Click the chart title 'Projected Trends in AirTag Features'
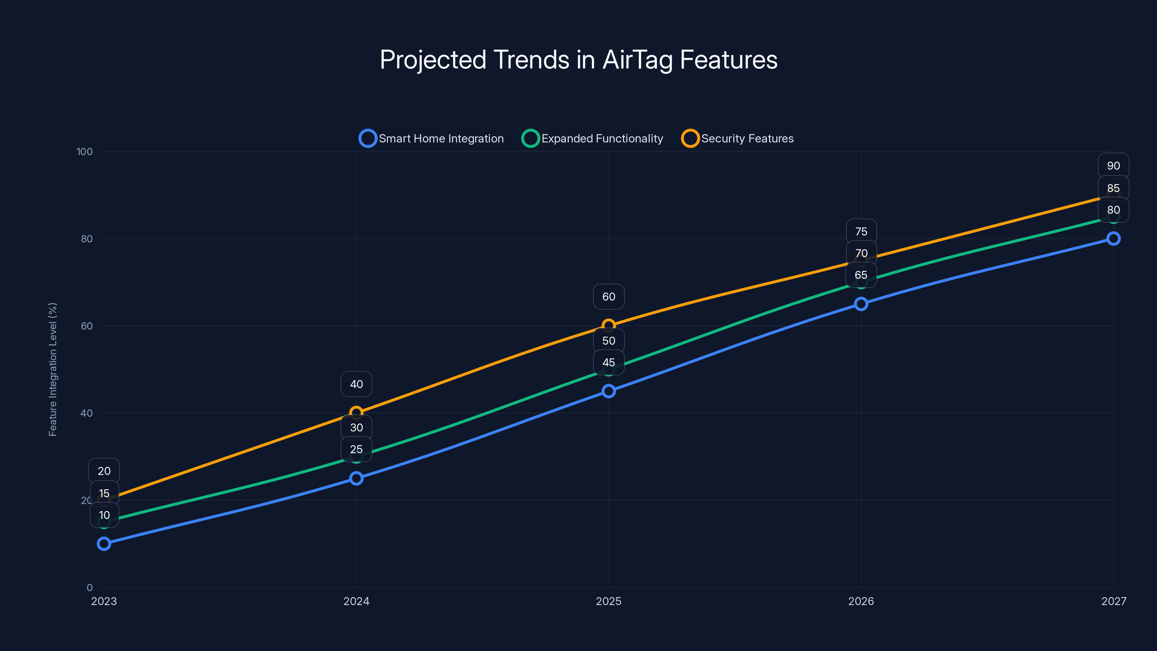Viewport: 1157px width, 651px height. pos(578,60)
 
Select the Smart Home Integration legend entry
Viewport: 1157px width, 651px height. pos(432,139)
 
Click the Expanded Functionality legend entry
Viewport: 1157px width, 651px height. pos(593,139)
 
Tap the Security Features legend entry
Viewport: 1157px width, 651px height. pos(738,139)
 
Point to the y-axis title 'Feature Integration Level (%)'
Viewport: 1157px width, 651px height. pos(52,369)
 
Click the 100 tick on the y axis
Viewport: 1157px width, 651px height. pos(85,152)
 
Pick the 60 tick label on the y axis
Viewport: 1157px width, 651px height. pos(87,326)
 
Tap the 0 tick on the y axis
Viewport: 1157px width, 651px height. pos(89,588)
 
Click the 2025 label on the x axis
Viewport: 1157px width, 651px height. pos(609,601)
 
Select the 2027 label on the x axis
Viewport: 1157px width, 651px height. pos(1114,601)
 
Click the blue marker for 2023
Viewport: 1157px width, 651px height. pos(104,544)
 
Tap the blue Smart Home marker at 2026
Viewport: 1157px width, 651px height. pos(861,304)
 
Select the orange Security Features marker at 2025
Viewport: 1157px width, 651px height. pos(609,325)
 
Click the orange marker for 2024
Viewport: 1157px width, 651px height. pos(356,412)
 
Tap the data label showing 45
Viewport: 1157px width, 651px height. pos(609,362)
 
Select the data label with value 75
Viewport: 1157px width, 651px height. pos(861,232)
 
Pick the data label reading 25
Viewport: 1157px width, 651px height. pos(356,449)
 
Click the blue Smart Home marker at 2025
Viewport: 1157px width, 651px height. pos(609,391)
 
